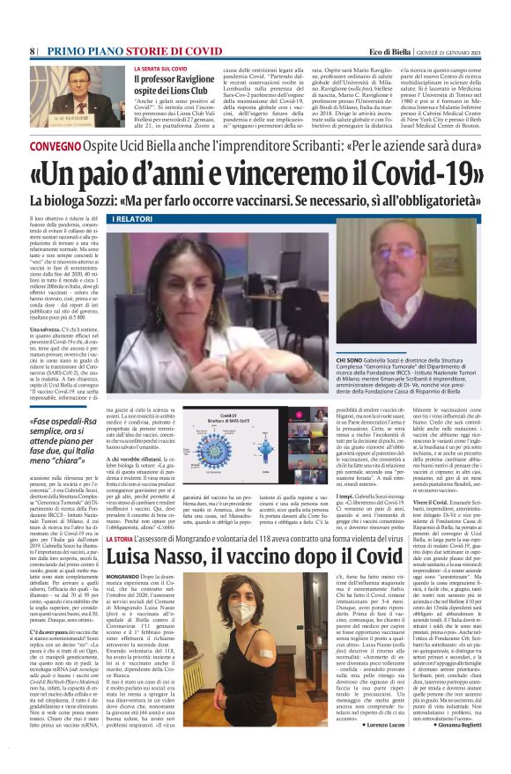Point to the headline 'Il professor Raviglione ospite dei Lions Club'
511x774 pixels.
(x=167, y=84)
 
